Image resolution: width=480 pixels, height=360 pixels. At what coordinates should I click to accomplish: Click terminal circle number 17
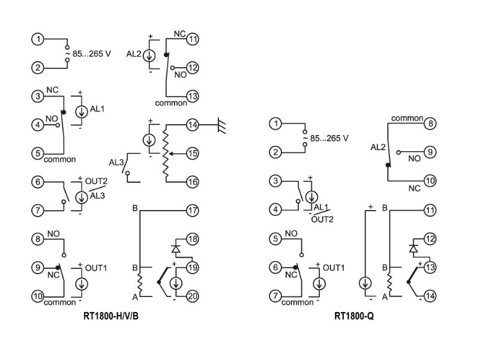tap(192, 211)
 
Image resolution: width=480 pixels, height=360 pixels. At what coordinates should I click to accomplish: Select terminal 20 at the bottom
tap(192, 296)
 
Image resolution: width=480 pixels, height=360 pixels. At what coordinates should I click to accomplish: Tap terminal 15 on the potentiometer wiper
tap(192, 153)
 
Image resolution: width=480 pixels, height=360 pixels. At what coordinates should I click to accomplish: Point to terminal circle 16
tap(192, 181)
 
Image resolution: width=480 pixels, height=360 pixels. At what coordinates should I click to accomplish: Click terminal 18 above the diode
tap(192, 239)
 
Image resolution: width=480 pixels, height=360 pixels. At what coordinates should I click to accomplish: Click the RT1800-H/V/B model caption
tap(113, 314)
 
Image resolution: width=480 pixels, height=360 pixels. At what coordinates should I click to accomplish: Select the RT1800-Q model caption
tap(355, 314)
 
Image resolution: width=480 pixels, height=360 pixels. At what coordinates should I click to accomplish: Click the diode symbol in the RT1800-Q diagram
tap(413, 248)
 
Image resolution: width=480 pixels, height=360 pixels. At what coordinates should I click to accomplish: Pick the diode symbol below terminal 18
tap(176, 248)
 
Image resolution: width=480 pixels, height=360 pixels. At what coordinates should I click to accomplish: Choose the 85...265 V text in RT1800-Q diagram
tap(329, 138)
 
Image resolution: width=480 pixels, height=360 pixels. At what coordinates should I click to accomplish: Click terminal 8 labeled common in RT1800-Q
tap(430, 124)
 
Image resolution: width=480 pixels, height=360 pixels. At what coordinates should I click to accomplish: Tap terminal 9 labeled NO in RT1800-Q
tap(430, 152)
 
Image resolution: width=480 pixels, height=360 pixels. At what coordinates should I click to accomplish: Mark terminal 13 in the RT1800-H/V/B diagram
tap(192, 96)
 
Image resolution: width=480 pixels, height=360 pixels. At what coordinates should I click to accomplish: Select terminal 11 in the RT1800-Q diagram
tap(430, 211)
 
